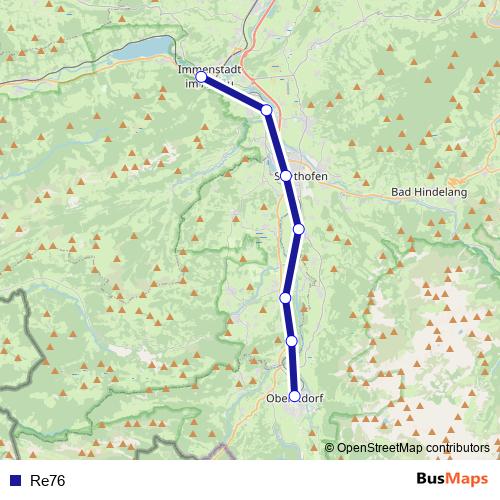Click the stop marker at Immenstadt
coord(201,76)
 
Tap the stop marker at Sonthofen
coord(286,176)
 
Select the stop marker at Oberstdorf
coord(294,395)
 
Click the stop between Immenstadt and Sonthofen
coord(266,110)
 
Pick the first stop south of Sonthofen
coord(298,229)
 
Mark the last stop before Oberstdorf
coord(292,341)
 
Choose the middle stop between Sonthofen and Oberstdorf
coord(285,297)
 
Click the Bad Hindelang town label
coord(427,191)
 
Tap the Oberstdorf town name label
coord(296,400)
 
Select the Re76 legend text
coord(48,481)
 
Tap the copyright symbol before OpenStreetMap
coord(330,448)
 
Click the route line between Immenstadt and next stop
coord(234,93)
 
